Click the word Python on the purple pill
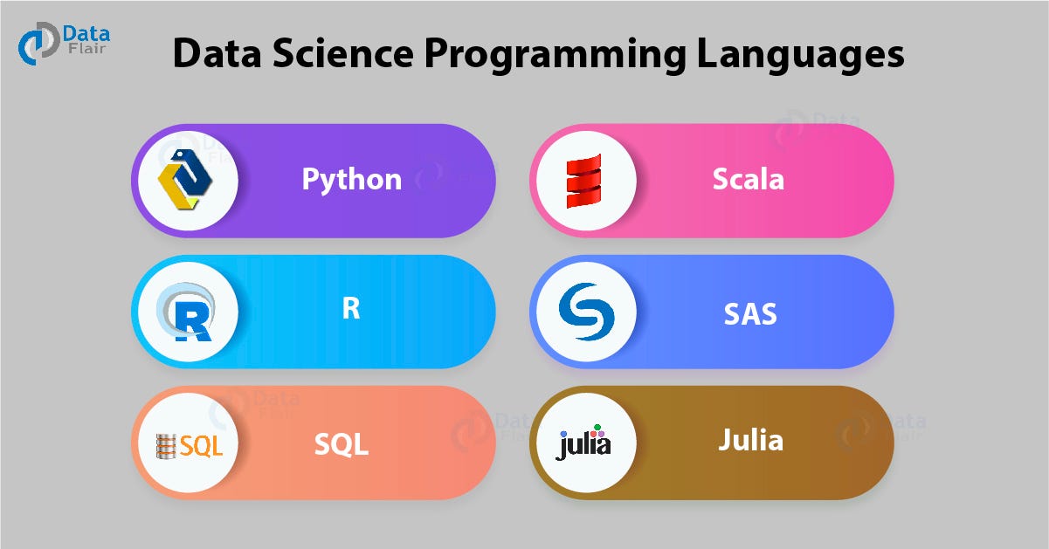[351, 179]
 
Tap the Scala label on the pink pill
[748, 179]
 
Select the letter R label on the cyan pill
[351, 310]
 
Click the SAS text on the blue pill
[749, 312]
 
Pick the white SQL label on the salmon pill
[341, 444]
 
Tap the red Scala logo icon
[583, 181]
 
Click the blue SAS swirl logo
[583, 312]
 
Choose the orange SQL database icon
[164, 446]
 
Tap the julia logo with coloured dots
[583, 443]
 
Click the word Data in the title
[217, 54]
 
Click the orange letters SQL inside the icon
[202, 447]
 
